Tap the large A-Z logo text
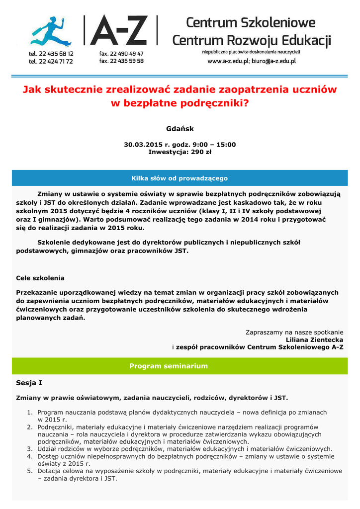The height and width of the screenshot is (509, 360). tap(121, 31)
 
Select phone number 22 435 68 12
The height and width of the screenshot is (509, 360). tap(55, 54)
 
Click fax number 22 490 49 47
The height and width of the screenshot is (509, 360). tap(125, 54)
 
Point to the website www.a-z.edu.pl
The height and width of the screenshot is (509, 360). tap(232, 61)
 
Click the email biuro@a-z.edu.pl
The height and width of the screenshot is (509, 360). tap(276, 61)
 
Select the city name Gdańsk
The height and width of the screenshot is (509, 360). tap(180, 129)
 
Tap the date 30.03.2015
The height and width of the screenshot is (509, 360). tap(143, 145)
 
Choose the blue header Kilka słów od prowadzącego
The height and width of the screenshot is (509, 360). tap(180, 178)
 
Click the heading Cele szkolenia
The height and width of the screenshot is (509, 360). tap(40, 278)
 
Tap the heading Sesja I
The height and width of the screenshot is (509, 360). tap(29, 383)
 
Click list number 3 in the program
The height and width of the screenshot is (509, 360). tap(29, 449)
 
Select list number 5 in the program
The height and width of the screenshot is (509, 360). tap(29, 471)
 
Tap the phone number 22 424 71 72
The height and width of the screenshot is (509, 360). tap(55, 61)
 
